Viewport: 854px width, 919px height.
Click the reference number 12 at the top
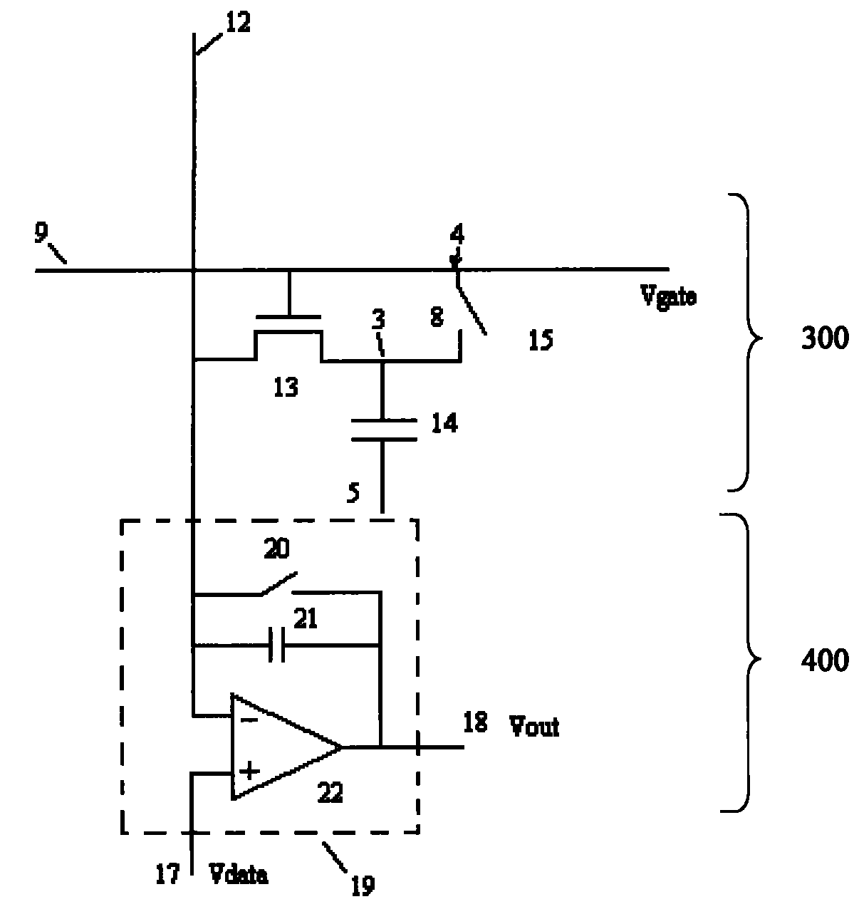click(x=238, y=23)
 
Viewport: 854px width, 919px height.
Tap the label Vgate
click(x=668, y=296)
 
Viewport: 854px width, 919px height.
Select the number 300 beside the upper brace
click(x=825, y=338)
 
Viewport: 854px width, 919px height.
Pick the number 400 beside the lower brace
click(x=825, y=661)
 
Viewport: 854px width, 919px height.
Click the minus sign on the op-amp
click(x=249, y=720)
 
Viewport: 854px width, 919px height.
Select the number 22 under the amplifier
click(x=330, y=792)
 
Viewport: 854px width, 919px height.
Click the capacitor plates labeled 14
click(x=384, y=430)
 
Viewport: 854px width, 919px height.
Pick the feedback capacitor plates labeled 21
click(x=277, y=645)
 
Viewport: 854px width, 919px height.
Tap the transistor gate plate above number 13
click(x=288, y=318)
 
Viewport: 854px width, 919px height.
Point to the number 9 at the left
click(x=41, y=233)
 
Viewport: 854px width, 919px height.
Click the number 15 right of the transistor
click(x=541, y=341)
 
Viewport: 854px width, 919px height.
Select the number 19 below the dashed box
click(x=363, y=886)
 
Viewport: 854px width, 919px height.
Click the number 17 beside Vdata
click(x=167, y=874)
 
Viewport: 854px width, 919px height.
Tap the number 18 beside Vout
click(x=475, y=722)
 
